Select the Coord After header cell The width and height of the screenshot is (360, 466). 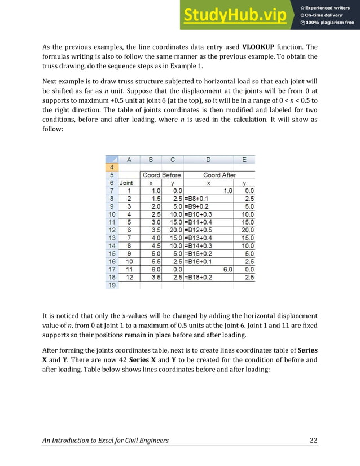pyautogui.click(x=219, y=175)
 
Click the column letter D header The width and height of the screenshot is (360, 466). pyautogui.click(x=208, y=160)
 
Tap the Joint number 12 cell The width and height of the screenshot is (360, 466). pyautogui.click(x=129, y=278)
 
